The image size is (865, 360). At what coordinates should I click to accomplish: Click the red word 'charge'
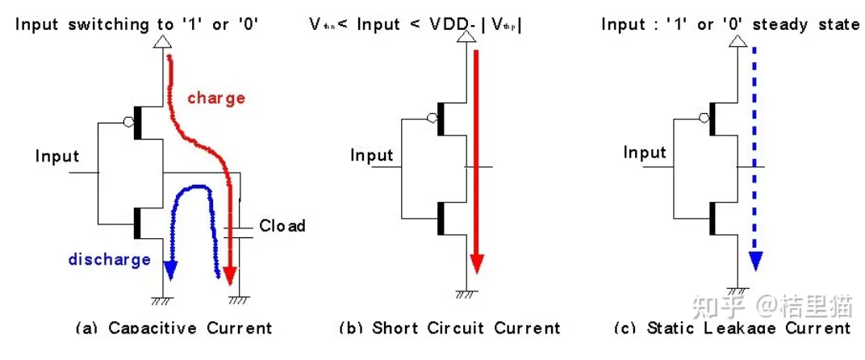coord(216,98)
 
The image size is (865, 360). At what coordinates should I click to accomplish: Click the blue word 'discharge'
coord(109,259)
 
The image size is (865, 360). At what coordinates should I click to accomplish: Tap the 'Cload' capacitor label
coord(282,226)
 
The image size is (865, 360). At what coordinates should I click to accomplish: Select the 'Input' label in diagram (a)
coord(57,156)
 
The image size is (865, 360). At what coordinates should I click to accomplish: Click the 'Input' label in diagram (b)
coord(371,155)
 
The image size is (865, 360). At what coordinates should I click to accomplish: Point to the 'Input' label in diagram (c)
coord(645,153)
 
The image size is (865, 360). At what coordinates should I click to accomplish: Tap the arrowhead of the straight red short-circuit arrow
coord(477,264)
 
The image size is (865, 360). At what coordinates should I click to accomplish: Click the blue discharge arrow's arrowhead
coord(169,270)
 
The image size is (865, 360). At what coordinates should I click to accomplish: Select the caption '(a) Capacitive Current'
coord(173,329)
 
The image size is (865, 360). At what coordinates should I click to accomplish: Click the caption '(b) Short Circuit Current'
coord(449,329)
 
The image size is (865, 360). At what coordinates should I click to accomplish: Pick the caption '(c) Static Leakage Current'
coord(732,329)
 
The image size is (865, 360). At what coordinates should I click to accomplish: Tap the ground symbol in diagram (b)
coord(464,295)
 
